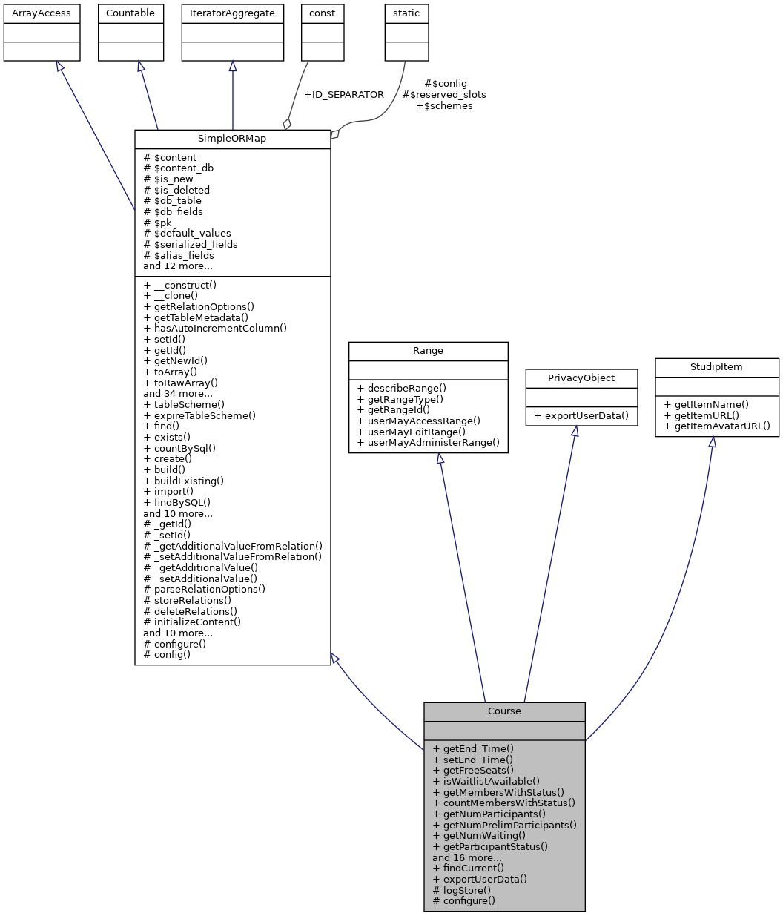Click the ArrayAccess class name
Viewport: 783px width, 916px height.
tap(42, 13)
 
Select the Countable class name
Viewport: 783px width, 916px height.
tap(130, 13)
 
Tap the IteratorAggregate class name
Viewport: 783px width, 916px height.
tap(233, 13)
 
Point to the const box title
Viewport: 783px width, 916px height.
tap(323, 13)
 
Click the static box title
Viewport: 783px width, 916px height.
tap(406, 13)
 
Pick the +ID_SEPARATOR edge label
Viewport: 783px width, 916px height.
tap(344, 95)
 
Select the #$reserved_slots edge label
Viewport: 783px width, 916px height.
tap(444, 95)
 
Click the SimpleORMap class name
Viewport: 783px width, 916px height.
tap(232, 139)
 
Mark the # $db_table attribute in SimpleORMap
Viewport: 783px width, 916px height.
tap(172, 200)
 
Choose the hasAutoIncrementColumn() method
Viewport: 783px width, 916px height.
tap(215, 328)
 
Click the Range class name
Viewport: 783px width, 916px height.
tap(428, 351)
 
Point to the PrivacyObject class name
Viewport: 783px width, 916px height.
tap(581, 378)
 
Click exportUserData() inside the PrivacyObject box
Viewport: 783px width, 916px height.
tap(581, 415)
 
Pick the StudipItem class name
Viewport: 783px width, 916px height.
tap(717, 367)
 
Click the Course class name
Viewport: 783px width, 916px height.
tap(504, 711)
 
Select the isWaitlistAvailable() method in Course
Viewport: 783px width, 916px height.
tap(486, 781)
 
